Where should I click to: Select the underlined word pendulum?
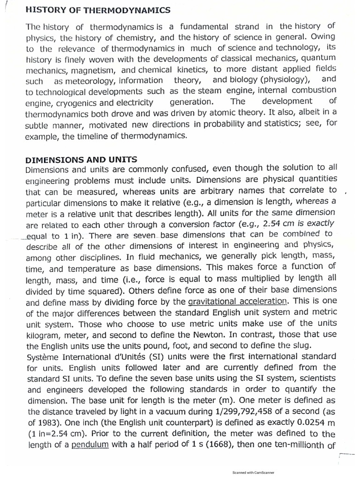90,445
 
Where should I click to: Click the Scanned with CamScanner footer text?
253,473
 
